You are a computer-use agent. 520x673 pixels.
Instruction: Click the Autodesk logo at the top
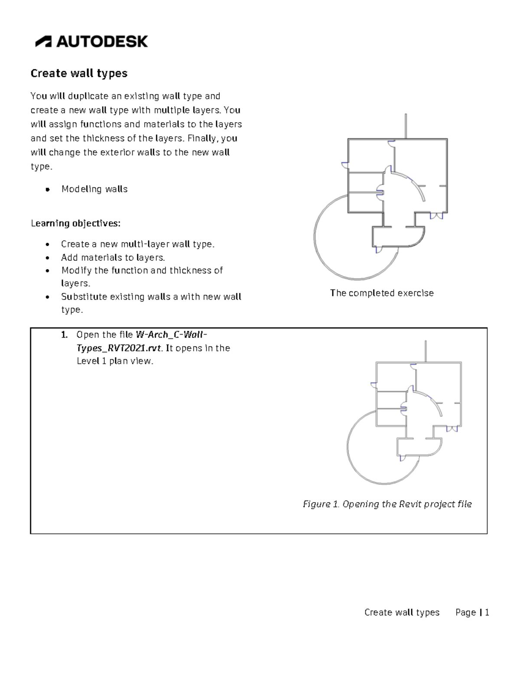tap(91, 42)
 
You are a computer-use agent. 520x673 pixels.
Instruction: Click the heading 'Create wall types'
tap(79, 73)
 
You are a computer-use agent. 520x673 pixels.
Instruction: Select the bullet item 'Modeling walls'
tap(94, 189)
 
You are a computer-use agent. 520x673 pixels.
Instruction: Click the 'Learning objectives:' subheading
tap(75, 223)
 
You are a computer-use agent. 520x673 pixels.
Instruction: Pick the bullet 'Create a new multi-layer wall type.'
tap(137, 244)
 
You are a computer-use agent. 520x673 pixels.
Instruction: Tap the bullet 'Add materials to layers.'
tap(113, 257)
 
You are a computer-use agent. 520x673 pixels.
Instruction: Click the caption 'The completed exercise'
tap(381, 293)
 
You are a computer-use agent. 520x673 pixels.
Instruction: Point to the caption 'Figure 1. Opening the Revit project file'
tap(387, 504)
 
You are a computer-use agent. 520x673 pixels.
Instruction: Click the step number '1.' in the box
tap(64, 335)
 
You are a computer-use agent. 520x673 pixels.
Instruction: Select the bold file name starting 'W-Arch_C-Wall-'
tap(171, 335)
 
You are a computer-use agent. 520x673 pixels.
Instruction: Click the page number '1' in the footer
tap(487, 612)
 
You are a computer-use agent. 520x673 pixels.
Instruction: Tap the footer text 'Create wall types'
tap(402, 612)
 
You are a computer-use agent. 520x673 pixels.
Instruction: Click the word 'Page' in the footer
tap(465, 612)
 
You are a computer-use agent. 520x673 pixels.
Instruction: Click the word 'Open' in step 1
tap(86, 335)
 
